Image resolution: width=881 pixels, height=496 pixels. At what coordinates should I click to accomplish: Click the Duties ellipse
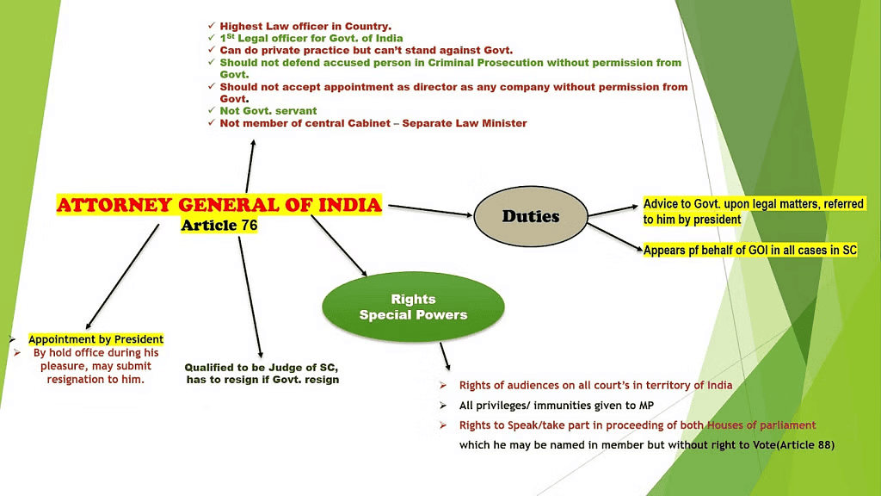point(530,216)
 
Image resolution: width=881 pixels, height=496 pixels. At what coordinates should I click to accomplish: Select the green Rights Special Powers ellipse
point(413,307)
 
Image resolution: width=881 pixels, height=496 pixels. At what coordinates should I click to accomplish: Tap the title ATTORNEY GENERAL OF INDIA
point(219,205)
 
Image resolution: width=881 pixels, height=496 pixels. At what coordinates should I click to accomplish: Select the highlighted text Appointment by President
point(95,339)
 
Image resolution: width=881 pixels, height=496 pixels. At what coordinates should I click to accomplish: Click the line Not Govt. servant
point(268,111)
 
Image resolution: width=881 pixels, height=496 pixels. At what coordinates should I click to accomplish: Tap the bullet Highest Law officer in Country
point(305,27)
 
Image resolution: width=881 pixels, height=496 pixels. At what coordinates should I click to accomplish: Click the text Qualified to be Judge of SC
point(262,367)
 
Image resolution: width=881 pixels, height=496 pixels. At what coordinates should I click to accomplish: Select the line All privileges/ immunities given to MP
point(558,405)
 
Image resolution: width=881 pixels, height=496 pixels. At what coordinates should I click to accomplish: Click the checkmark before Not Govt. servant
point(212,111)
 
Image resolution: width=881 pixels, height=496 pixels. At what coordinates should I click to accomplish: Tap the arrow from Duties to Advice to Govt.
point(613,210)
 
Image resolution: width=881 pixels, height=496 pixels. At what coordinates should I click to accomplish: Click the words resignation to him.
point(95,379)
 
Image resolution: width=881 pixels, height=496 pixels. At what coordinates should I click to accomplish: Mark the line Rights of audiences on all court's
point(595,385)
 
